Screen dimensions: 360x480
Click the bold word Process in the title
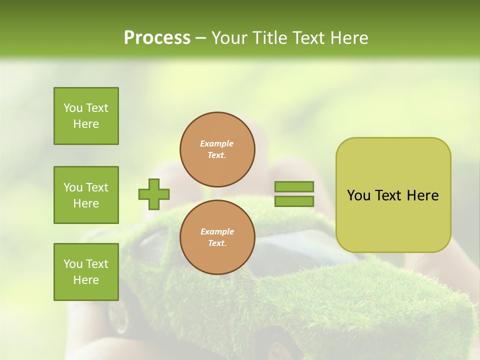[157, 38]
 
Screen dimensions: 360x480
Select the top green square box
[86, 116]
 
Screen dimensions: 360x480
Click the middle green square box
[86, 195]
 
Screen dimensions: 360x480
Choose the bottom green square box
[86, 272]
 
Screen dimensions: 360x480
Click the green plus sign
[154, 194]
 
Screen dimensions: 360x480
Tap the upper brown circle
[217, 149]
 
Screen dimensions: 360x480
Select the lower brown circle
[217, 237]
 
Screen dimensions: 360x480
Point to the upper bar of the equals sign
[294, 186]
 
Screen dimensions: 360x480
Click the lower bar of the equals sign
[294, 201]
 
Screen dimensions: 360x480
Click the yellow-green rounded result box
[393, 220]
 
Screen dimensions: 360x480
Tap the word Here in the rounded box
[422, 195]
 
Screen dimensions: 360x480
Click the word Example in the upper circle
[217, 143]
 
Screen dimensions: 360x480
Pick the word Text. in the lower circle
[217, 243]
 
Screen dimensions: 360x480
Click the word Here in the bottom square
[86, 280]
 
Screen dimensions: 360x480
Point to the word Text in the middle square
[97, 187]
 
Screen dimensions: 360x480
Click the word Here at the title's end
[348, 38]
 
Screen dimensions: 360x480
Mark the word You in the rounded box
[358, 195]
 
